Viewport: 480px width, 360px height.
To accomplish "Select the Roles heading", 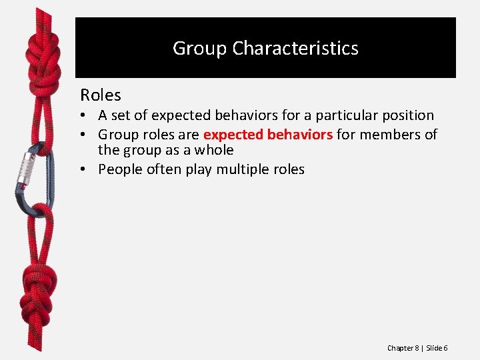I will [101, 95].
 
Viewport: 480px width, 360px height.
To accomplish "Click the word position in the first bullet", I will [404, 115].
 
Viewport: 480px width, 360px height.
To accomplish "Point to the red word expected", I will [233, 135].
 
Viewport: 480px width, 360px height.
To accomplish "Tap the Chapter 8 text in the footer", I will [403, 349].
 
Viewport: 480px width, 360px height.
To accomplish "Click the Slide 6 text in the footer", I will [437, 349].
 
